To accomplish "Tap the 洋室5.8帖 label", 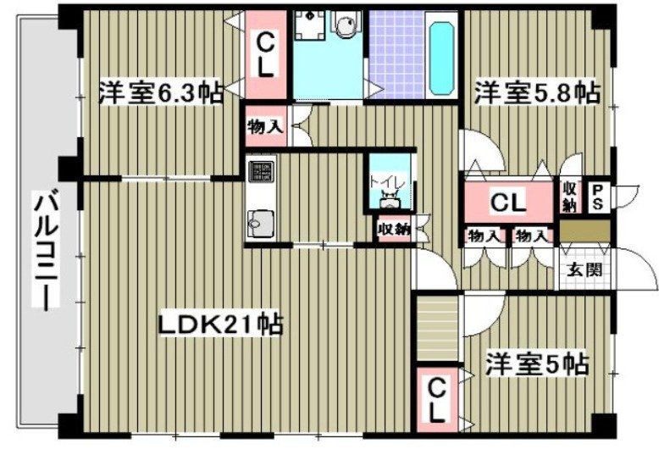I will tap(536, 92).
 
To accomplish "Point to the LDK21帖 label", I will tap(219, 324).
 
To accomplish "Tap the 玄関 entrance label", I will tap(584, 271).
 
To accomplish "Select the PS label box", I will tap(597, 198).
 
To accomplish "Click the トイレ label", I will tap(389, 180).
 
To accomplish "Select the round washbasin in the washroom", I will tap(346, 29).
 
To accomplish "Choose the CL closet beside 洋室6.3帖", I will tap(266, 54).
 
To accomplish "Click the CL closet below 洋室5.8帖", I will tap(508, 202).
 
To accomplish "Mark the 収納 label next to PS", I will tap(569, 197).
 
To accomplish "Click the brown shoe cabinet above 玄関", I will tap(584, 230).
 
